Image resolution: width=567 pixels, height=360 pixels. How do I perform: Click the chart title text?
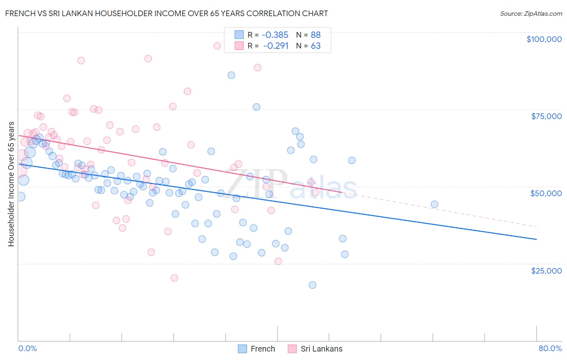167,13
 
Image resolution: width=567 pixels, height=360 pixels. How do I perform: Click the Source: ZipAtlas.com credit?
531,13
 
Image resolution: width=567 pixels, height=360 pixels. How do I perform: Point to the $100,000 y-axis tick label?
544,39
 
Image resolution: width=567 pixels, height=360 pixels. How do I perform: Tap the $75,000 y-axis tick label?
546,116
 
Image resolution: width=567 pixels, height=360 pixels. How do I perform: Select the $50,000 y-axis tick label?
546,193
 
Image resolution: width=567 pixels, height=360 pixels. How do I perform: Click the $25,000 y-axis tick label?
546,270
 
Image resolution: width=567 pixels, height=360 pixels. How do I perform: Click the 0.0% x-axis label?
27,348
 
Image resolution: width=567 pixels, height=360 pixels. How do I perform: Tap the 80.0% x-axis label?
550,348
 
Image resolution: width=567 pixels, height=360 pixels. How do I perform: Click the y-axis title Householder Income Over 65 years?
11,184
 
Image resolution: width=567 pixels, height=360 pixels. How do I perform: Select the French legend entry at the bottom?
256,349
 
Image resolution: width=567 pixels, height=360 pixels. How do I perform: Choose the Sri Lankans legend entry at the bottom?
315,349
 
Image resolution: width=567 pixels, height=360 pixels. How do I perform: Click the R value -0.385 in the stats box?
275,35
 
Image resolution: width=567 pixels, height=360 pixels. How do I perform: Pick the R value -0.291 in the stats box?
276,46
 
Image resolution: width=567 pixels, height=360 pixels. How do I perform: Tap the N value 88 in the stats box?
315,35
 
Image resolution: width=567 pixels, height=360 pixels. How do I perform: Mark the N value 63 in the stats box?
315,46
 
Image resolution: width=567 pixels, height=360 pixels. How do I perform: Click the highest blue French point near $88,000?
231,75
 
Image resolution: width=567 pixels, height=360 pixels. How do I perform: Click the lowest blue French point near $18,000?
313,285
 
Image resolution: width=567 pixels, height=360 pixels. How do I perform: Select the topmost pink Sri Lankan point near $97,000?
217,46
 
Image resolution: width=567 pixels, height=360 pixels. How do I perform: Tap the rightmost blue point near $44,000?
434,204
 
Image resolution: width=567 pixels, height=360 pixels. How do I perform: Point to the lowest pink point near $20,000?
174,278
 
